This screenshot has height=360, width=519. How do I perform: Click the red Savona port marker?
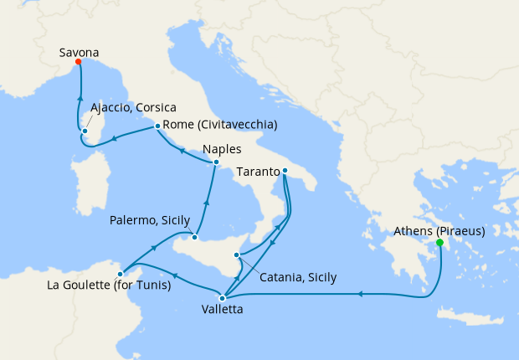pos(78,61)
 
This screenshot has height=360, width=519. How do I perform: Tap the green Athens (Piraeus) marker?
pos(439,243)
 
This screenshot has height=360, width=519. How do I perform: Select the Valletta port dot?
pos(222,297)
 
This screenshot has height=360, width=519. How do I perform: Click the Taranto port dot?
pos(285,172)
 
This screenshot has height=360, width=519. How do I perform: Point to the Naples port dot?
pos(216,162)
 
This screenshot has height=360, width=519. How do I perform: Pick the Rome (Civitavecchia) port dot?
pos(157,126)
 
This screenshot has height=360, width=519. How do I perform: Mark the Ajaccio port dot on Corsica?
pos(85,131)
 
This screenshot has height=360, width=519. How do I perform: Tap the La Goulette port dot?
pos(121,273)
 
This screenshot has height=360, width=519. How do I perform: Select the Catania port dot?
pos(237,255)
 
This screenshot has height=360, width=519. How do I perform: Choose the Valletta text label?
pos(223,310)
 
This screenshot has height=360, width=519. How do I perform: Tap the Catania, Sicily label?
pos(298,277)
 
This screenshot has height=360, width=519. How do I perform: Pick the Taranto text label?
pos(259,172)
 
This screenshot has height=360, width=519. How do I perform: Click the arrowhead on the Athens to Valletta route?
pos(359,294)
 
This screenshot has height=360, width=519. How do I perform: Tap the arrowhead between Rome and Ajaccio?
pos(114,138)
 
